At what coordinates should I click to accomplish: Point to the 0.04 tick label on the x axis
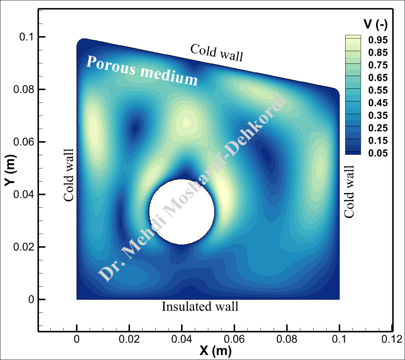[182, 339]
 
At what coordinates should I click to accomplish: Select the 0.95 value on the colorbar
[377, 40]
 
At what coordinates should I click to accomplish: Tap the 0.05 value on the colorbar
[377, 153]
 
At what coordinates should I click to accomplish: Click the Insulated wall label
[200, 307]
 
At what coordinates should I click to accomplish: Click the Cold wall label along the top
[217, 53]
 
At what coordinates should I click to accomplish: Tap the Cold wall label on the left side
[69, 175]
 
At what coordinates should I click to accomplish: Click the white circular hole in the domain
[182, 211]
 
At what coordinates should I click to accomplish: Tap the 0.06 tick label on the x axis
[234, 339]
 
